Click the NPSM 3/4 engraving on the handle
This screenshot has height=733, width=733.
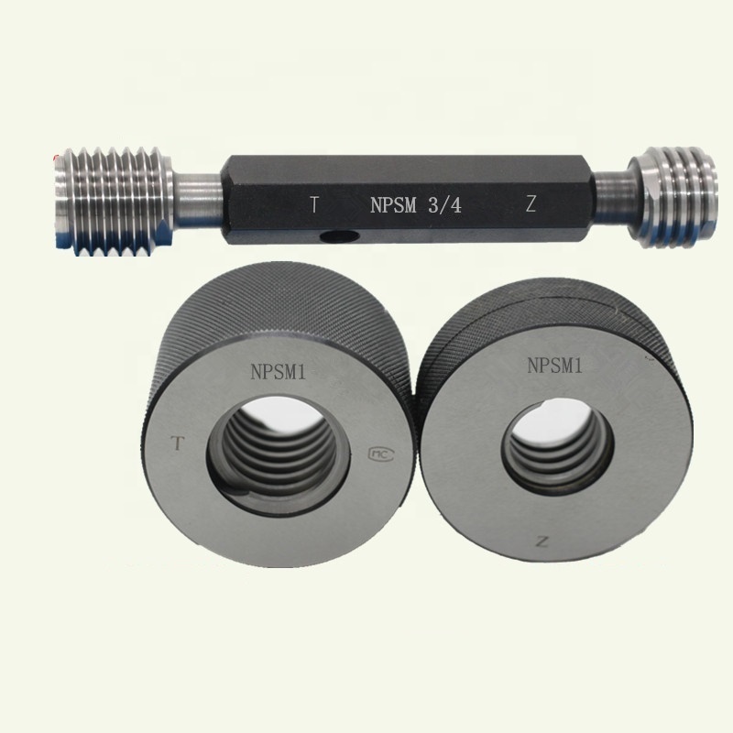point(416,205)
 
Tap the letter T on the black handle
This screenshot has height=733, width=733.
point(315,204)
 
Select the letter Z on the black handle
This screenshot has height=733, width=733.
point(531,203)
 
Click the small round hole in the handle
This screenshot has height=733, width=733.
point(339,237)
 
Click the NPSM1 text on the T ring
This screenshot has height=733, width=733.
point(279,372)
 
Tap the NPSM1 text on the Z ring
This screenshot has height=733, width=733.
point(555,365)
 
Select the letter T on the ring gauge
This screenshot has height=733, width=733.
point(177,443)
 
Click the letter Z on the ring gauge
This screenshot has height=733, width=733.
point(542,542)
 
